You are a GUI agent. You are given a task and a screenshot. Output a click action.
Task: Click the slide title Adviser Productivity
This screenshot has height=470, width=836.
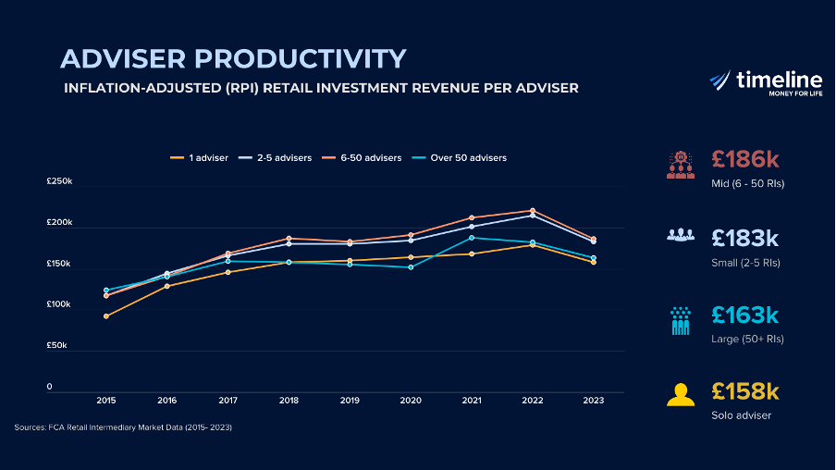coord(233,58)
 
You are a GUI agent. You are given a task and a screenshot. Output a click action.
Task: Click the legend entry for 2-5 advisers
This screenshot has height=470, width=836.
coord(275,158)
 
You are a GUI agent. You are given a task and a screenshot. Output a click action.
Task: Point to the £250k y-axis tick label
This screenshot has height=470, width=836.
coord(59,182)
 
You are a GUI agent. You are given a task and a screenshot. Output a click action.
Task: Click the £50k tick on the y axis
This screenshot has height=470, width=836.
coord(56,345)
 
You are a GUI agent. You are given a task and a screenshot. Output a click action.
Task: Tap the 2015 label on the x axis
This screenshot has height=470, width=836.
coord(106,401)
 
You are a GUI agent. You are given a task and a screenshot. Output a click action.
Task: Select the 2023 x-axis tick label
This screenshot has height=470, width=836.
coord(594,401)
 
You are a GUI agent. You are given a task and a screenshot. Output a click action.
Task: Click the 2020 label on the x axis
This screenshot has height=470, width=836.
coord(411,401)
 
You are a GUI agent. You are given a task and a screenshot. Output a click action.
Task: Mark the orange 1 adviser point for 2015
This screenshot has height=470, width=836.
coord(106,316)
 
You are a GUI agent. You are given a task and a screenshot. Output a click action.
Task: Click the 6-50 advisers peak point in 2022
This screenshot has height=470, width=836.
coord(533,211)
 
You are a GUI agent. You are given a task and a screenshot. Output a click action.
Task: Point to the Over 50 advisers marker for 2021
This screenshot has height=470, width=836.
coord(472,238)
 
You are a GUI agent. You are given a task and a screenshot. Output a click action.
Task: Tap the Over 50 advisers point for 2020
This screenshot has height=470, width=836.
coord(411,267)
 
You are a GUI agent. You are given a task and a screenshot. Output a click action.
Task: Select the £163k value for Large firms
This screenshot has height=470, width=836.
coord(745,315)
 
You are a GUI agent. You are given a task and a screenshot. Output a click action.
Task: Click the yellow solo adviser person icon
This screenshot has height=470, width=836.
coord(681,394)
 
